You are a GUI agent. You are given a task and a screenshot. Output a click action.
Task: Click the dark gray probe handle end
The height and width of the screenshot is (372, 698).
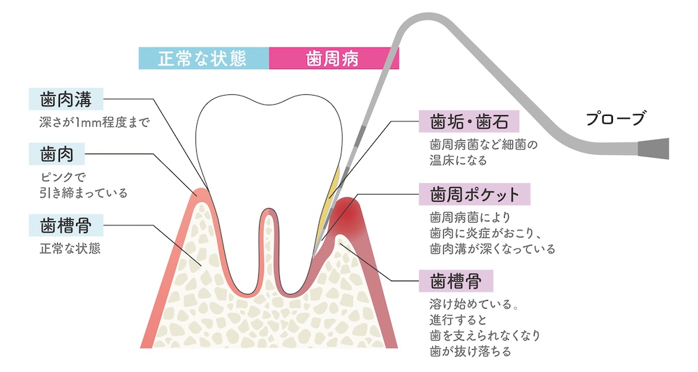tap(655, 149)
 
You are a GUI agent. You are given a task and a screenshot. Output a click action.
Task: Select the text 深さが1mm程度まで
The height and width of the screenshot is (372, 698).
tap(96, 122)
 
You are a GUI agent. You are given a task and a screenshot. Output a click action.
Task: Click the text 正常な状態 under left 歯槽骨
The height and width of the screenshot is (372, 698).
tap(70, 248)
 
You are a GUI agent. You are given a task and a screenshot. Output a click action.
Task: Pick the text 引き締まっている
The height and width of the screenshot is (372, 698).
tap(84, 193)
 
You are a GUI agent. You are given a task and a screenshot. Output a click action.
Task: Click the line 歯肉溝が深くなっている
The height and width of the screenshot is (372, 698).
tap(492, 248)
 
